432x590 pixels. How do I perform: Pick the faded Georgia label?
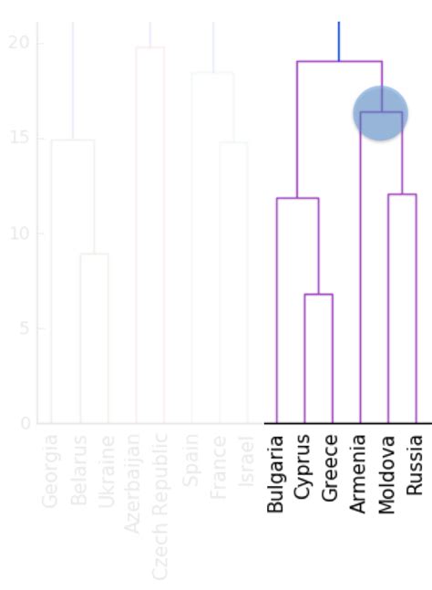click(x=51, y=471)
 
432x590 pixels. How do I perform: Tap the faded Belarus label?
click(x=79, y=471)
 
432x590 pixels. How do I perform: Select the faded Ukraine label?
click(x=108, y=471)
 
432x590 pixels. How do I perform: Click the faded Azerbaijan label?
click(x=135, y=483)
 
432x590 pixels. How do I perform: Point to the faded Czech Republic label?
click(x=162, y=507)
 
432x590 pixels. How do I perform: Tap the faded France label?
click(x=219, y=468)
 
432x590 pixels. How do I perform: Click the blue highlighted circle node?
click(x=380, y=113)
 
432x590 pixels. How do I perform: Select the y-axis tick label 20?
click(x=20, y=43)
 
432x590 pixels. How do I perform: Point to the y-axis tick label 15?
click(x=20, y=138)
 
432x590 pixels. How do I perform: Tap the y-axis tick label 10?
click(x=20, y=233)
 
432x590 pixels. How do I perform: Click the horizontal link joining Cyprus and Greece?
click(x=318, y=295)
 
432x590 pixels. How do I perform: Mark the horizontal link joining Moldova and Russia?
click(x=402, y=194)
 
